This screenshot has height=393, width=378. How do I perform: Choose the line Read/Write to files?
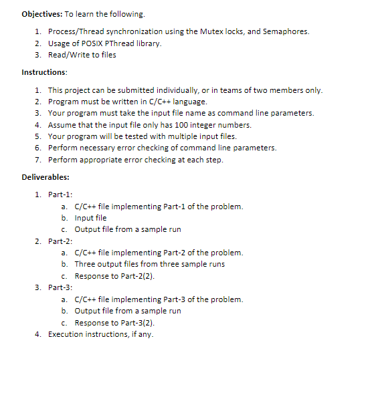pos(82,54)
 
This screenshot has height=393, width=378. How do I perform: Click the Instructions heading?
pos(43,72)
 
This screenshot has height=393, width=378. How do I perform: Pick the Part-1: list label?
pos(60,194)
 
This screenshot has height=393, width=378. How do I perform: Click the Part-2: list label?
pos(60,241)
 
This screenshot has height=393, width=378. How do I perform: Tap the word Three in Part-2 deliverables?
pos(85,264)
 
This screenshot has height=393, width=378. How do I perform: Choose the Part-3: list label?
pos(60,287)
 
